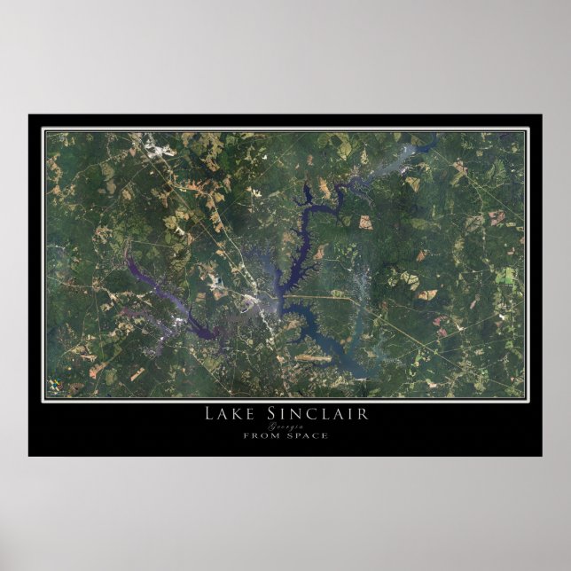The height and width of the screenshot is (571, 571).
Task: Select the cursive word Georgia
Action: pos(285,426)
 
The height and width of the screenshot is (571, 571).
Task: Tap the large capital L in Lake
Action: pos(209,414)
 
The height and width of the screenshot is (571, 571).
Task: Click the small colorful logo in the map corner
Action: pos(56,387)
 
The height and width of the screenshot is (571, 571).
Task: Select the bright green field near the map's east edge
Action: pos(505,276)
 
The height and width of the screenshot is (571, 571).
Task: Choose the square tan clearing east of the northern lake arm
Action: pos(364,223)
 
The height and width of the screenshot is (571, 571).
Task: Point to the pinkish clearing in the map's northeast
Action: pos(497,215)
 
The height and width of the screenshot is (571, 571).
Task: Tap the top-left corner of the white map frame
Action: pos(43,129)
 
